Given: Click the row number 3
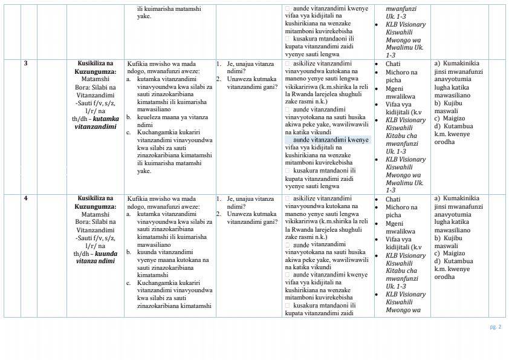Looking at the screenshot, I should point(25,63).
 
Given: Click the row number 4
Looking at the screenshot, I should point(25,198).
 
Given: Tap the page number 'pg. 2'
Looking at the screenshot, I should point(495,327).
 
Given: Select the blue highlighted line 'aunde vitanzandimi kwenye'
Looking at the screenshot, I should point(327,140).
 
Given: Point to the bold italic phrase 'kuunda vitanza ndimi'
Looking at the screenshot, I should point(97,258).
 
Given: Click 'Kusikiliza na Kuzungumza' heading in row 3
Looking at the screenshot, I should point(96,67).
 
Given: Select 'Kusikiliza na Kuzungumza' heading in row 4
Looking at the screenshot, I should point(96,202).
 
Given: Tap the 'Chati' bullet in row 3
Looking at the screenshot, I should point(393,64).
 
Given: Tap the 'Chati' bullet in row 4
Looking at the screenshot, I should point(393,199).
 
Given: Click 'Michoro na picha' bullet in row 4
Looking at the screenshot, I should point(401,211).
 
